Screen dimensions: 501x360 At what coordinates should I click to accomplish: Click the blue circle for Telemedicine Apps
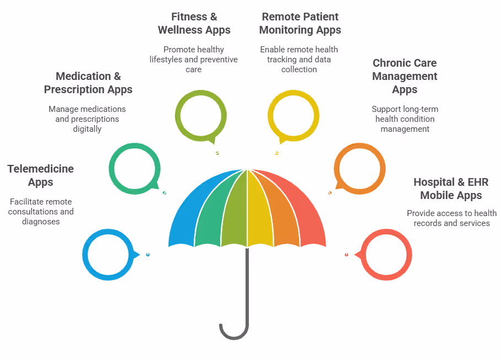[x=108, y=255]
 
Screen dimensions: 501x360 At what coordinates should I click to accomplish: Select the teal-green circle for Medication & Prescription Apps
[x=135, y=168]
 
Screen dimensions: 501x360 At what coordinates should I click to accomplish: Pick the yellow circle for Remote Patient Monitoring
[x=293, y=114]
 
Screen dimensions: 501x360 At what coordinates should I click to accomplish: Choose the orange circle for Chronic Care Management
[x=360, y=168]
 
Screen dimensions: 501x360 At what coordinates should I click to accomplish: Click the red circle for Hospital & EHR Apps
[x=386, y=255]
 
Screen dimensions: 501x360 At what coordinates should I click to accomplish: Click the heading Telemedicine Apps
[x=40, y=175]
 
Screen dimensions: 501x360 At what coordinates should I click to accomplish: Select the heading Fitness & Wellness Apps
[x=194, y=23]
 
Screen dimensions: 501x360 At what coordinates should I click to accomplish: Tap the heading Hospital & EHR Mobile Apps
[x=451, y=189]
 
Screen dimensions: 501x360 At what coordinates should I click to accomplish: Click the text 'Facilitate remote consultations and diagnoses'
[x=40, y=212]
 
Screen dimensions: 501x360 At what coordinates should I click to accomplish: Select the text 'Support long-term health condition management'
[x=405, y=119]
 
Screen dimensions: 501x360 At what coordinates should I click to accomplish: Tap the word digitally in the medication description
[x=87, y=129]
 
